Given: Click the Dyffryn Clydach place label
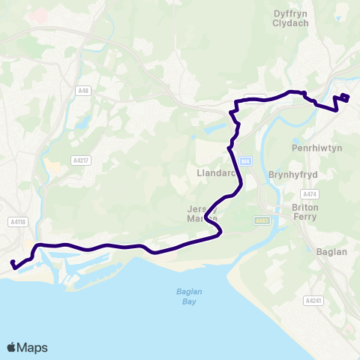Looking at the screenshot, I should (x=295, y=17).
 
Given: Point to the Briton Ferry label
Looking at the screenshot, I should (x=304, y=211).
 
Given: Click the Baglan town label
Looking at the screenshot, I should (x=331, y=252).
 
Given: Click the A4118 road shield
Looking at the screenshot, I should (x=19, y=222).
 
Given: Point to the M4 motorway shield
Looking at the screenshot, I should (x=245, y=160).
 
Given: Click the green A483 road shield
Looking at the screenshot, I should (x=261, y=220).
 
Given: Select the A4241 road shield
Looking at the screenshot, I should (x=313, y=300).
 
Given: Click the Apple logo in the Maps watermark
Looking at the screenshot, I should (x=12, y=347).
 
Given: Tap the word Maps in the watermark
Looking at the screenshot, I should (x=34, y=347).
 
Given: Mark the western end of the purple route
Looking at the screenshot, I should (x=13, y=262).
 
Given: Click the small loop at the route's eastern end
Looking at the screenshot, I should (x=345, y=96).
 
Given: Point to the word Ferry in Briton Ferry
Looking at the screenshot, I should (x=304, y=217).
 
